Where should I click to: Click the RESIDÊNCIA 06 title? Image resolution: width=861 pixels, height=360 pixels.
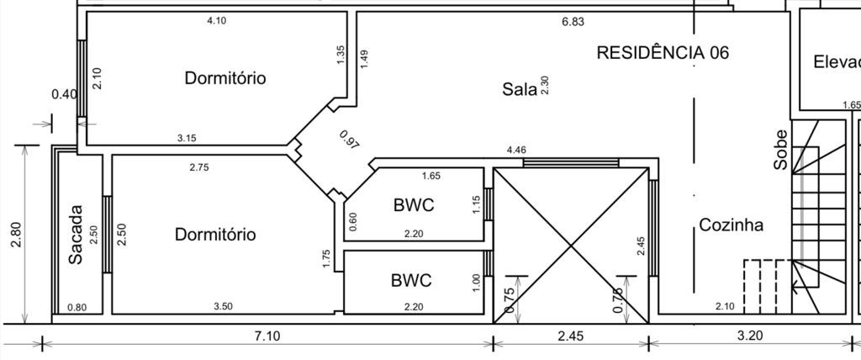click(663, 52)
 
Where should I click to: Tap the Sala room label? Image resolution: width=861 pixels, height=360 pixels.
click(520, 88)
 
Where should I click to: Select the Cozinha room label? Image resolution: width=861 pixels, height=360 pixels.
click(732, 225)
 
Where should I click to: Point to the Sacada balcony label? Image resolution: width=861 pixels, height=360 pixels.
click(76, 235)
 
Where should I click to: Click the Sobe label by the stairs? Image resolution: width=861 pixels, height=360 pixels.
click(781, 150)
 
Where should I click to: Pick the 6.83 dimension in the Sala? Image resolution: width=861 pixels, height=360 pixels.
click(573, 22)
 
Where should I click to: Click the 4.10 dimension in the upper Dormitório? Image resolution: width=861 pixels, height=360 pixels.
click(216, 21)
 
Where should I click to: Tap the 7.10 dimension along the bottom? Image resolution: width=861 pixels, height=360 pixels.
click(267, 336)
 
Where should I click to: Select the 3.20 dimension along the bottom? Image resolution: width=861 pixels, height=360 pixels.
click(750, 336)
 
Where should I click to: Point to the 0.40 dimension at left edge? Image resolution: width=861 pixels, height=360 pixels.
click(64, 94)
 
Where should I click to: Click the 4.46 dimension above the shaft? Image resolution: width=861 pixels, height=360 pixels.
click(516, 151)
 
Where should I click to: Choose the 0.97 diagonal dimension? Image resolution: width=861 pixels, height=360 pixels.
click(350, 140)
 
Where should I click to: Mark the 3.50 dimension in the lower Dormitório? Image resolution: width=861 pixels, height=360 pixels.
click(223, 307)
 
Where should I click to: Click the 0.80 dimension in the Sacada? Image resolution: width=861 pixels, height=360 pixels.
click(76, 308)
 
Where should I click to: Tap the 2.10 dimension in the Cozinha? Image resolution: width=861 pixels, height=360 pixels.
click(725, 307)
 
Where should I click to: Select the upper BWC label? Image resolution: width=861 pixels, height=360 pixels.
click(413, 204)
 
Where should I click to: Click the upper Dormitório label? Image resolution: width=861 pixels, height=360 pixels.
click(225, 78)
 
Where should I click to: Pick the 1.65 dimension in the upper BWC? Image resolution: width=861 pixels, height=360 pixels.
click(430, 177)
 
